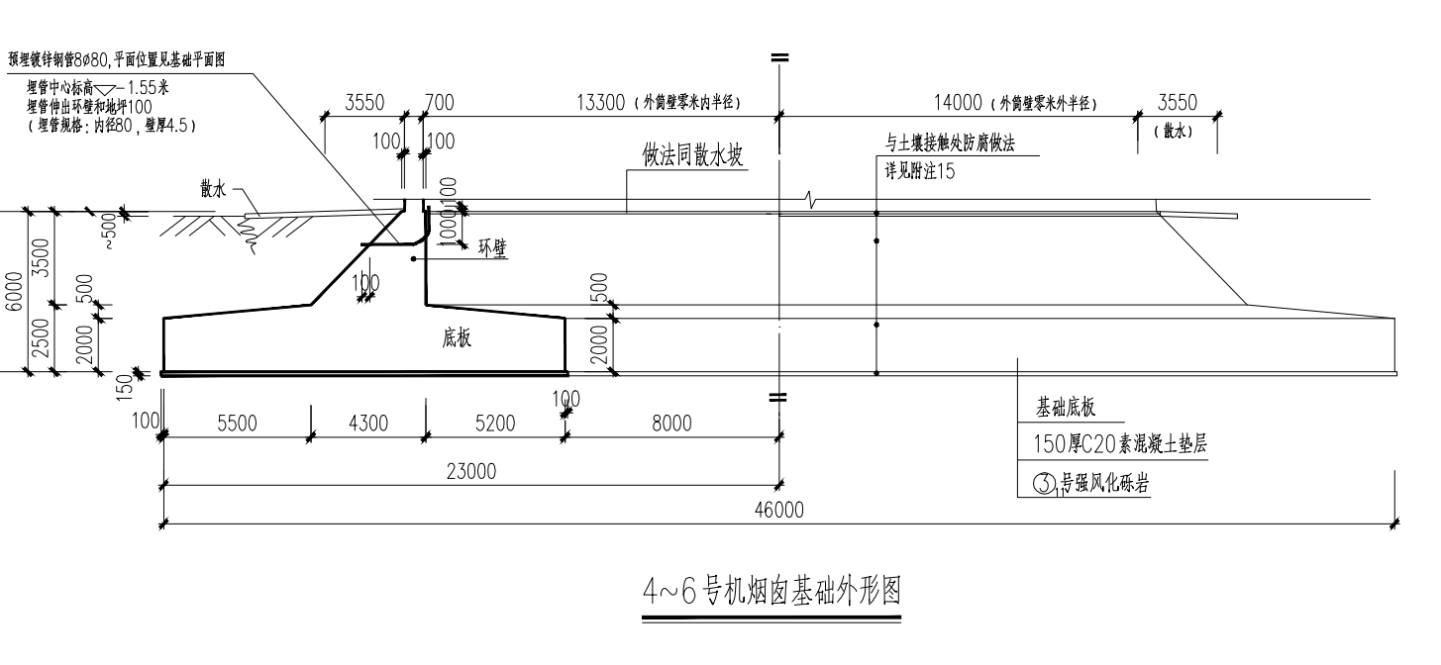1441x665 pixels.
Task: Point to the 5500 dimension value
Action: point(237,424)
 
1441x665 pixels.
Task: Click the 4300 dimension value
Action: point(368,424)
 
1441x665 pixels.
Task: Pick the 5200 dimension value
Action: point(495,424)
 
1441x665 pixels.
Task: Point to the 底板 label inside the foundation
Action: point(457,338)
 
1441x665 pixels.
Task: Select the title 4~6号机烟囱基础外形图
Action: point(772,592)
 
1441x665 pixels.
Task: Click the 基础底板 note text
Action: point(1066,407)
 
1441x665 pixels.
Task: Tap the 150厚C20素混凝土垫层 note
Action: point(1120,444)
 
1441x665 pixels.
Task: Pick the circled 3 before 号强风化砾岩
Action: point(1044,484)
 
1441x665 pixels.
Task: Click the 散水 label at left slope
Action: point(213,191)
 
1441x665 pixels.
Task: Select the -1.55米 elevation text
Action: point(148,87)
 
